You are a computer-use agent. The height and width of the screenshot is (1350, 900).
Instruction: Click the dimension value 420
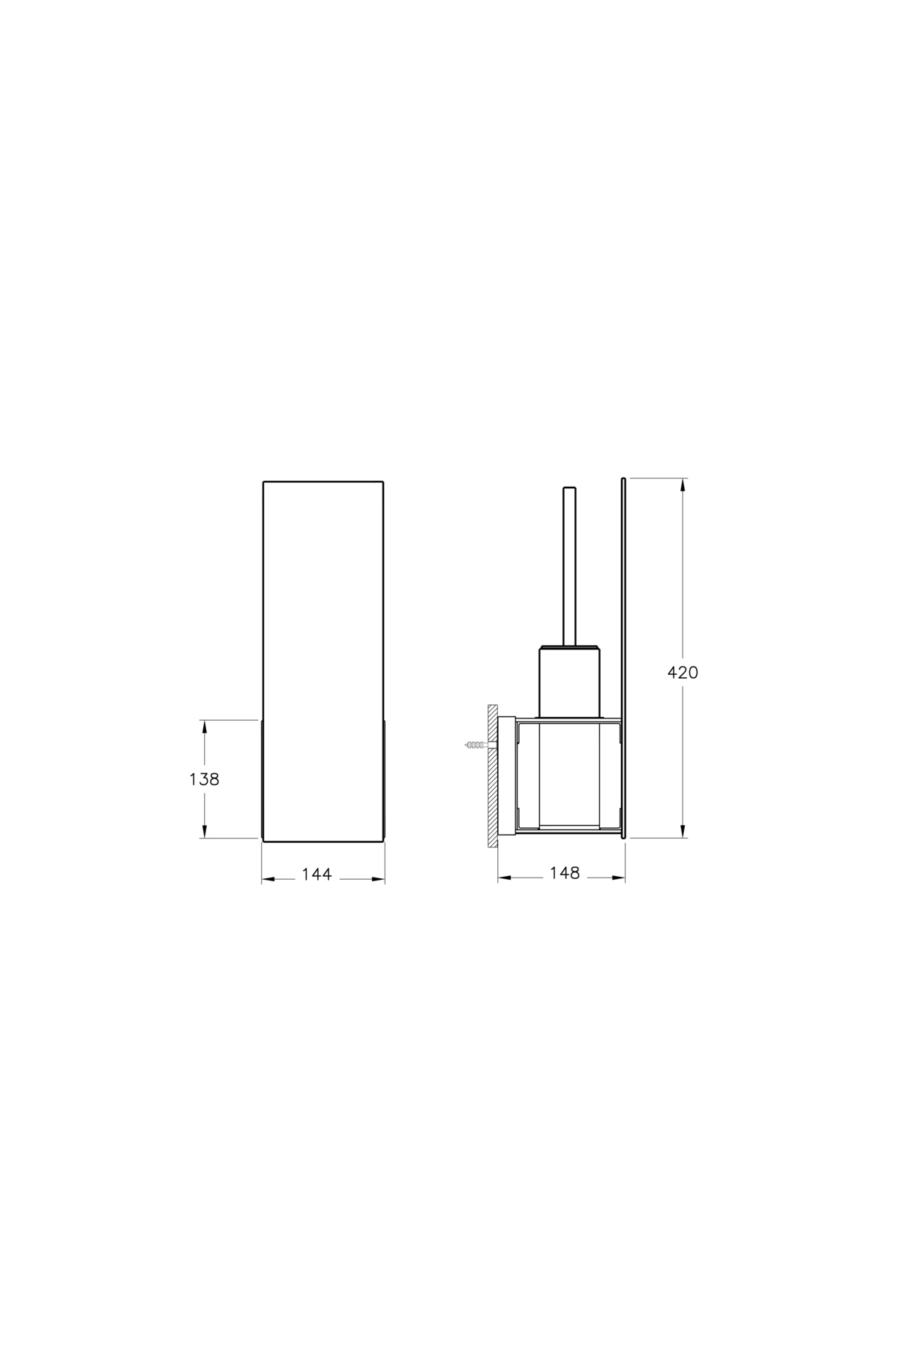[682, 673]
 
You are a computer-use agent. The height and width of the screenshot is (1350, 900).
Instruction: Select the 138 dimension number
[204, 779]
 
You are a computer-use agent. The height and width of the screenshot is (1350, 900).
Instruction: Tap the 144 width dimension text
[316, 874]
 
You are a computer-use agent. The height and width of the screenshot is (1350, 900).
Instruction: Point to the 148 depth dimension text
[565, 873]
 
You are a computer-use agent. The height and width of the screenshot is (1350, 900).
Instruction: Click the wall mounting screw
[476, 745]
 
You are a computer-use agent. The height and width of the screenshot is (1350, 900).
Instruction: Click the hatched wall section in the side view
[493, 775]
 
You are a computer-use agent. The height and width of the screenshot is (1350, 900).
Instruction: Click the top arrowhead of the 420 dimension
[682, 486]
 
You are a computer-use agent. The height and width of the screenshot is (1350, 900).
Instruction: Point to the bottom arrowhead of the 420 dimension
[682, 830]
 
